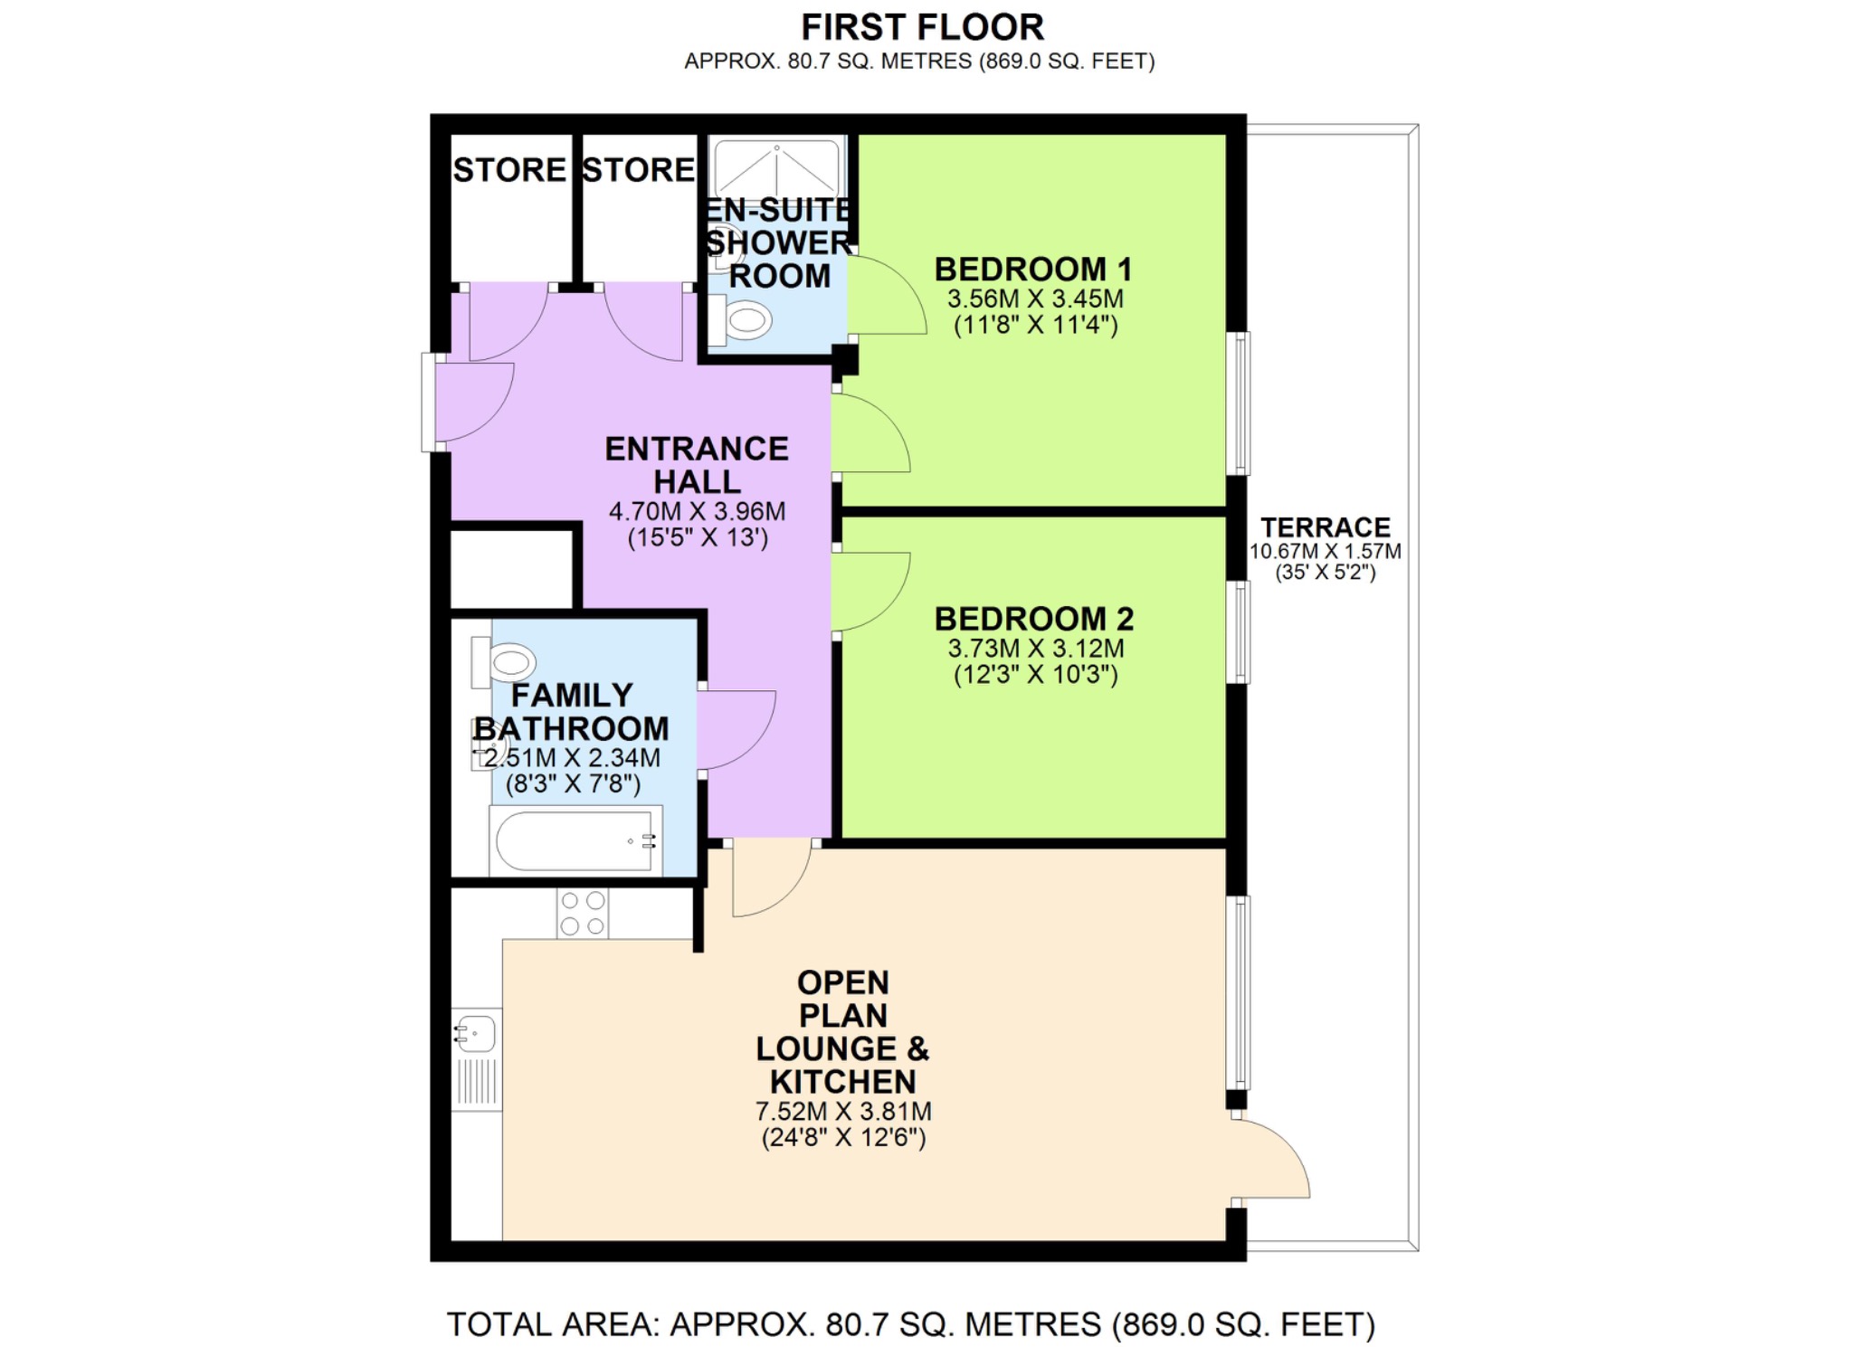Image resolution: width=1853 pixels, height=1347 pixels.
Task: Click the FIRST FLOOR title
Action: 921,27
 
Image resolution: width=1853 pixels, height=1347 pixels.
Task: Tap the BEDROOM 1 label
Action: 1033,270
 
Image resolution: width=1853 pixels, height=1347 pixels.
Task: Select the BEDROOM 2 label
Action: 1033,619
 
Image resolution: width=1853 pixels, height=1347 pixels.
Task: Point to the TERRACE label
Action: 1325,527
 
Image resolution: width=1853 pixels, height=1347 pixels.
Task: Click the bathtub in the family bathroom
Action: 574,840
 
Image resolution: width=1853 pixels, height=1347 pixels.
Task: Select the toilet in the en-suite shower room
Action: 742,320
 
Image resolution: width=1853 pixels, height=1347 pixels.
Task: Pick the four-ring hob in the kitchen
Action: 582,913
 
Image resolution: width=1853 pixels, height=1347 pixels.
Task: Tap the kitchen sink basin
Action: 477,1032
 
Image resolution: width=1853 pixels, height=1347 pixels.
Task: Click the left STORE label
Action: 508,170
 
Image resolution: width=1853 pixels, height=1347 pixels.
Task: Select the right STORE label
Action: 638,170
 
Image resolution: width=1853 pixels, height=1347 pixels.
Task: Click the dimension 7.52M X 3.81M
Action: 842,1111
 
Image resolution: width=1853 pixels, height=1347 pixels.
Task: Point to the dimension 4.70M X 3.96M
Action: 697,511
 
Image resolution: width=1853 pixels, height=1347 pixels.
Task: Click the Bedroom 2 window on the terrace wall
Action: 1240,631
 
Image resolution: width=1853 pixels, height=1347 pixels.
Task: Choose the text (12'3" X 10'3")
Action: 1035,674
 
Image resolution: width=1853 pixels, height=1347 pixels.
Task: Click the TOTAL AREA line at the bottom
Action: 910,1324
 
